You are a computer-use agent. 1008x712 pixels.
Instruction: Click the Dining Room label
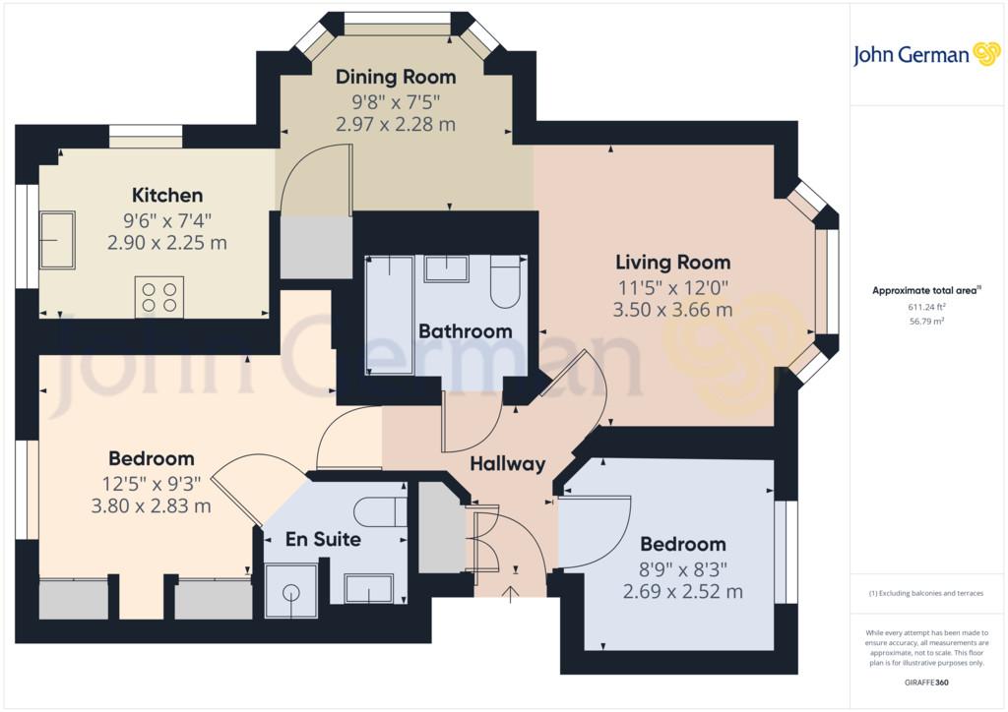click(x=396, y=77)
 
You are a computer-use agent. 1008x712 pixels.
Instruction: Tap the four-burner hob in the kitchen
click(x=159, y=297)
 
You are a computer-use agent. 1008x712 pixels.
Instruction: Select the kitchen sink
click(x=57, y=240)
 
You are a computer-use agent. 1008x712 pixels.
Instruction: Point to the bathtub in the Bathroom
click(x=389, y=315)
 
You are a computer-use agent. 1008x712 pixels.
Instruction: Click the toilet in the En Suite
click(x=380, y=511)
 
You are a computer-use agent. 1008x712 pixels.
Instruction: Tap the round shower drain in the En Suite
click(x=291, y=593)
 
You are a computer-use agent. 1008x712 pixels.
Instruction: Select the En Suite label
click(x=323, y=539)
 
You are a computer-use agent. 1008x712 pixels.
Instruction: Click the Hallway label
click(x=508, y=463)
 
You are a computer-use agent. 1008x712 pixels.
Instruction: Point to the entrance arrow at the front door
click(x=511, y=595)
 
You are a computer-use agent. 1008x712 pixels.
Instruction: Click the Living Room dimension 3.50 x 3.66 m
click(x=672, y=310)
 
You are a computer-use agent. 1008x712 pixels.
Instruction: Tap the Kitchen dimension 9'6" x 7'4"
click(x=167, y=221)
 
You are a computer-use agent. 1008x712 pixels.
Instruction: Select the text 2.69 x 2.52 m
click(x=683, y=591)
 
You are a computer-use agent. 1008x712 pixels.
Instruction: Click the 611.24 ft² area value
click(x=926, y=308)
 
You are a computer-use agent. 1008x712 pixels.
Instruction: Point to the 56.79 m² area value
click(x=926, y=321)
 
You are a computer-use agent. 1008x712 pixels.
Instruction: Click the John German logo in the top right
click(x=926, y=54)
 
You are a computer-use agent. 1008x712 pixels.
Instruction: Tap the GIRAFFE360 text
click(x=926, y=682)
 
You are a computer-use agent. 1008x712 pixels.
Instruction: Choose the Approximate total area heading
click(x=926, y=290)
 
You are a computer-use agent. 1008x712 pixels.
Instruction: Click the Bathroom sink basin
click(x=446, y=268)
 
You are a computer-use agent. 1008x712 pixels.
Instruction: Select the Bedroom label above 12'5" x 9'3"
click(x=151, y=458)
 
